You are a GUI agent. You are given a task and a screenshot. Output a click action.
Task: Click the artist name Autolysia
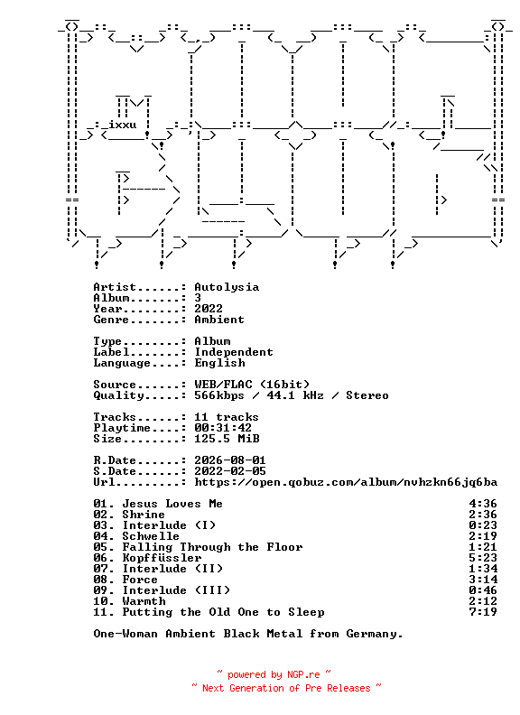tap(227, 287)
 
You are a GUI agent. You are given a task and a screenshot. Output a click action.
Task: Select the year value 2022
tap(209, 309)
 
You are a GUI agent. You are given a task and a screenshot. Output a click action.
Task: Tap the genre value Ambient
tap(219, 320)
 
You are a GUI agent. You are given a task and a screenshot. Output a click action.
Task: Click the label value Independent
tap(234, 352)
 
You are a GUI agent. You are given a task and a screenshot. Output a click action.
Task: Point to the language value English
tap(220, 363)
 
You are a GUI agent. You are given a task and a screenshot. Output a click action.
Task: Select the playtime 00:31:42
tap(223, 428)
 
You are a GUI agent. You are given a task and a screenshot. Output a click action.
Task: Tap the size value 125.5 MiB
tap(227, 439)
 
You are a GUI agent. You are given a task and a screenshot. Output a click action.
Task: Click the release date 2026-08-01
tap(230, 460)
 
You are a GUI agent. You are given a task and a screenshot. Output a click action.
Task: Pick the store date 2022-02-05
tap(230, 471)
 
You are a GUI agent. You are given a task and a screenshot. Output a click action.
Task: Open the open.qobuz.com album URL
tap(346, 482)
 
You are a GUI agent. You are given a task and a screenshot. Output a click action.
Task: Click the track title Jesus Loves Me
tap(172, 504)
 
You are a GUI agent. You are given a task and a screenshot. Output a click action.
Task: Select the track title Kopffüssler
tap(162, 558)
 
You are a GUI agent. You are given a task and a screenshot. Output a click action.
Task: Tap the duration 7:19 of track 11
tap(483, 612)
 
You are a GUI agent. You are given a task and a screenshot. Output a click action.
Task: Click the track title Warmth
tap(144, 601)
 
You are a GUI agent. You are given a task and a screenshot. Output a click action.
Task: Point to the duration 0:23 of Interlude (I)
tap(483, 525)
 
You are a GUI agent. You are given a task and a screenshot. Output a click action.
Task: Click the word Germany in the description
tap(374, 634)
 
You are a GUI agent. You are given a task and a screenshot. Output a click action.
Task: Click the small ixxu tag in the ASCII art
tap(122, 125)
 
